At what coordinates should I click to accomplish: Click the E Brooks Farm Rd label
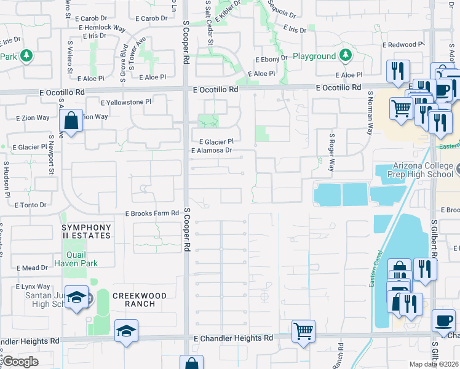151,213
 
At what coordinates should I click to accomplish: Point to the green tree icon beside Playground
346,56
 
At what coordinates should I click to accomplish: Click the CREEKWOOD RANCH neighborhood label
140,300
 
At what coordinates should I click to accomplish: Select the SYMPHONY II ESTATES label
86,231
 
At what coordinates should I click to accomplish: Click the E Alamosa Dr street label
212,150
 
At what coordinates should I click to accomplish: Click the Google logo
20,362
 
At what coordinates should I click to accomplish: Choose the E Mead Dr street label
33,268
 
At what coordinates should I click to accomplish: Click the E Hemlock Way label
101,28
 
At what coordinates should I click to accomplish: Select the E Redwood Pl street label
403,45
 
